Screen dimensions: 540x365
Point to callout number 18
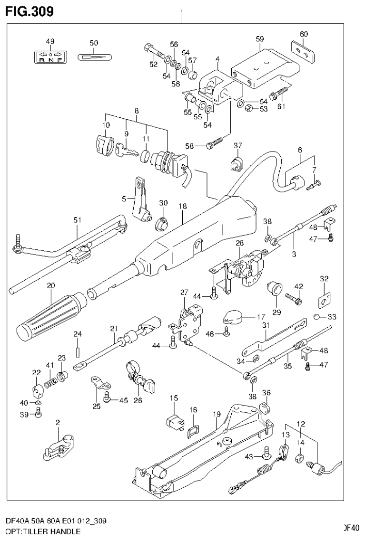coord(183,207)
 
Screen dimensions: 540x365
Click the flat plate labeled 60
coord(303,51)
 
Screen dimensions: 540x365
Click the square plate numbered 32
coord(324,300)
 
